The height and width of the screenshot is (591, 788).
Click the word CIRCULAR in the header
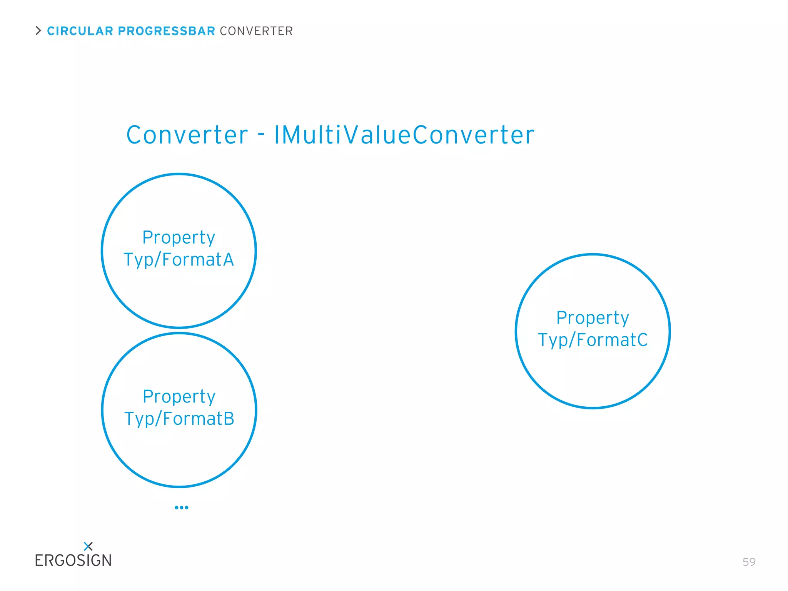coord(80,31)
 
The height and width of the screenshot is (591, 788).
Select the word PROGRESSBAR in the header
coord(166,31)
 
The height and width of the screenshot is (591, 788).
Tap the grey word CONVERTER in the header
coord(256,31)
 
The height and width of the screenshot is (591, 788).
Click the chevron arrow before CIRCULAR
coord(38,31)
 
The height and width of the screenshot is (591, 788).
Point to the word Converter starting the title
coord(187,135)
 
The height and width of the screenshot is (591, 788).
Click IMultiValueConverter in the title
coord(404,135)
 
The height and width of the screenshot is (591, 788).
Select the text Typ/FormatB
coord(179,419)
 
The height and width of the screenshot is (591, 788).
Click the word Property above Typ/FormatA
coord(179,238)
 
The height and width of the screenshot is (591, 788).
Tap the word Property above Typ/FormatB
coord(179,397)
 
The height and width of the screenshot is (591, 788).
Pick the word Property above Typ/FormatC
coord(593,318)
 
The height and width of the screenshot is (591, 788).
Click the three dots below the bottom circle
coord(182,508)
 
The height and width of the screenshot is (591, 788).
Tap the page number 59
coord(749,562)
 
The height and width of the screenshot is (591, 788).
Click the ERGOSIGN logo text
coord(73,561)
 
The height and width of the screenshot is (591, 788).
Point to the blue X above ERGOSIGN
coord(88,546)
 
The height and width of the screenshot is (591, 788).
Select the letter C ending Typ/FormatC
coord(642,340)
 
